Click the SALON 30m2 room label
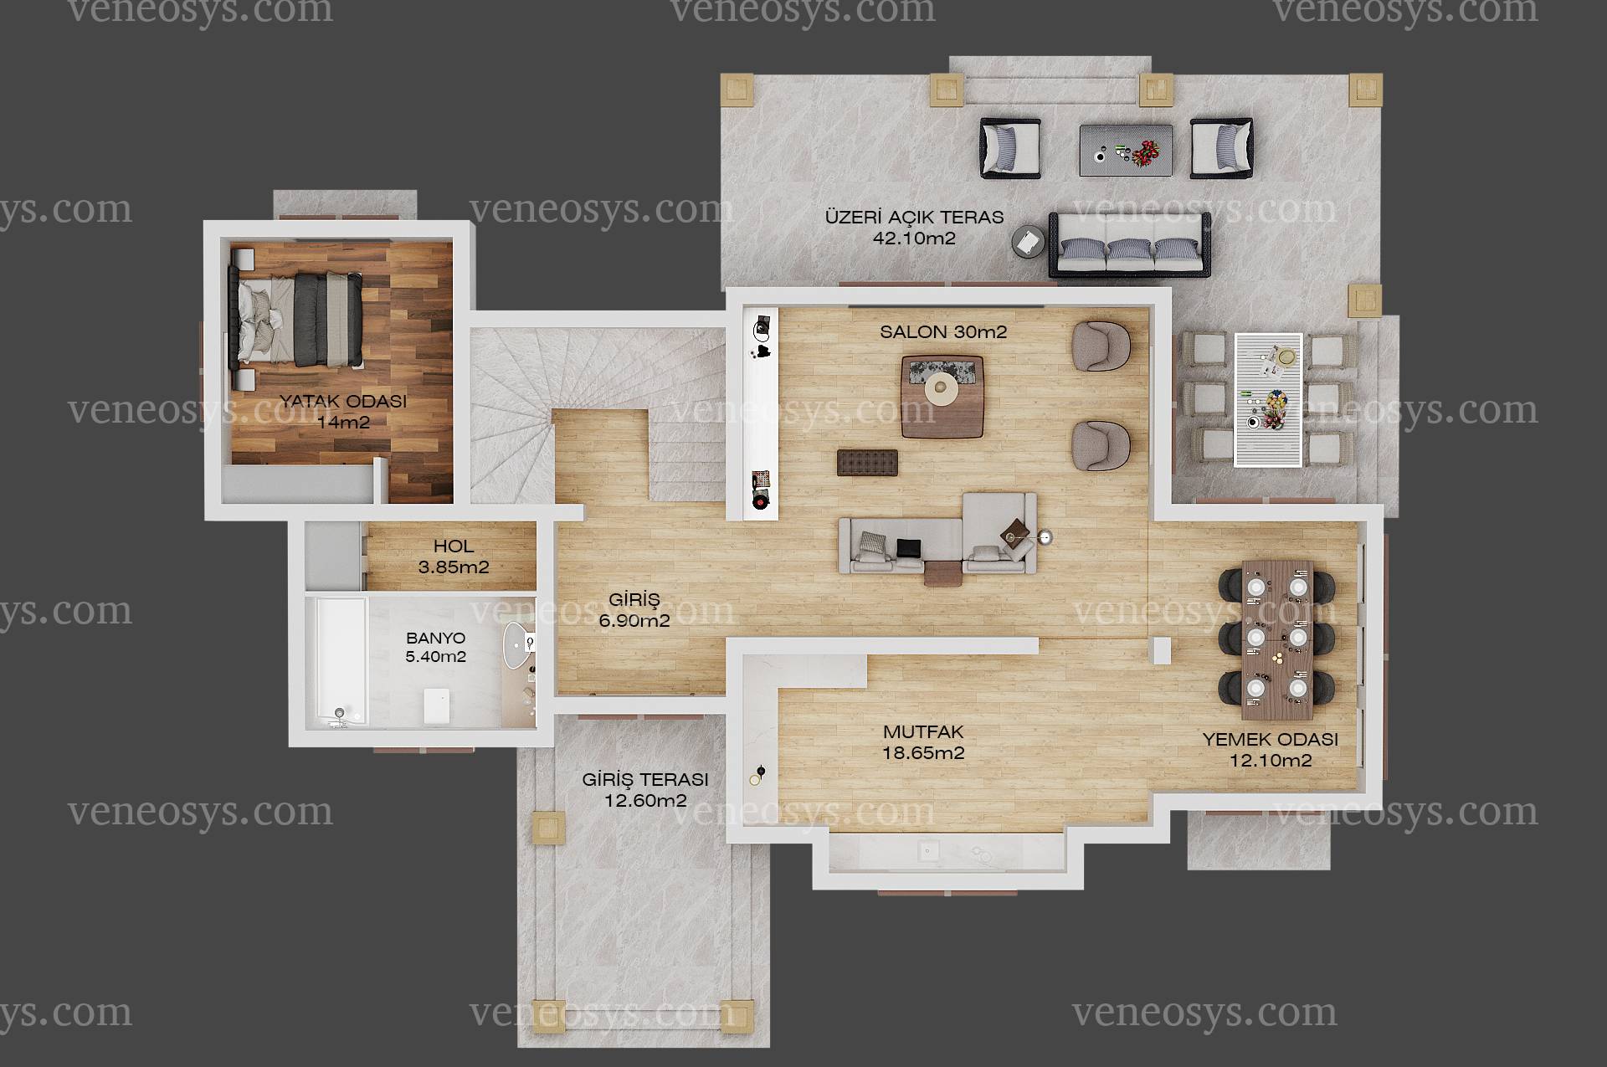tap(943, 331)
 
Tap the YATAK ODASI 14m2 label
tap(343, 411)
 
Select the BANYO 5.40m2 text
tap(435, 648)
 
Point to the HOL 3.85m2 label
tap(454, 557)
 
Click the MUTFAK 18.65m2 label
tap(923, 742)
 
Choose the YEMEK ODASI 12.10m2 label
tap(1271, 750)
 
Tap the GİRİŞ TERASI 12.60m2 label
tap(645, 790)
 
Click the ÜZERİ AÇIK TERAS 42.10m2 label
tap(914, 227)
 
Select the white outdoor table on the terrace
tap(1268, 399)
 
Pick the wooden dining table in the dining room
tap(1277, 639)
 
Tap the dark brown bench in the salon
tap(867, 462)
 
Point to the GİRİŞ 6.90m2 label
tap(634, 610)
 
